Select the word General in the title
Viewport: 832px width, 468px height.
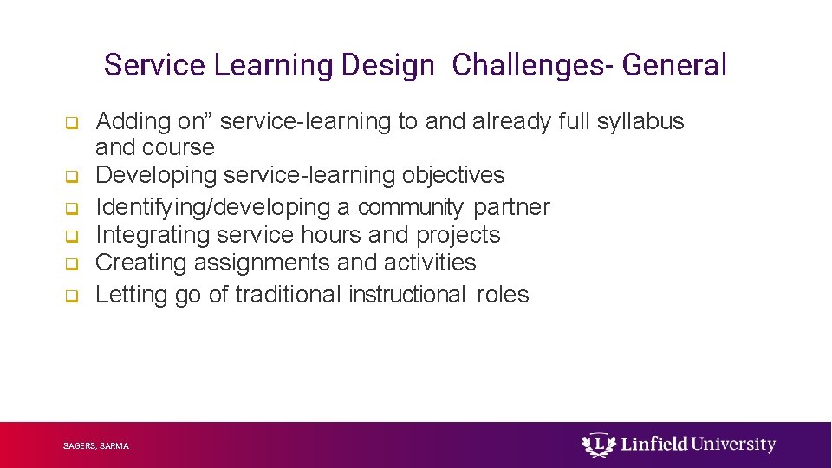tap(674, 66)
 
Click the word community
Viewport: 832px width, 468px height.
tap(411, 207)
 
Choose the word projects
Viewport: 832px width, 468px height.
tap(458, 235)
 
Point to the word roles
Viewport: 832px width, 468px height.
tap(503, 295)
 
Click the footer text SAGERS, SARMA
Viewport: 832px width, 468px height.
tap(96, 446)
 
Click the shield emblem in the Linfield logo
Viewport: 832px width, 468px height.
tap(596, 445)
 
